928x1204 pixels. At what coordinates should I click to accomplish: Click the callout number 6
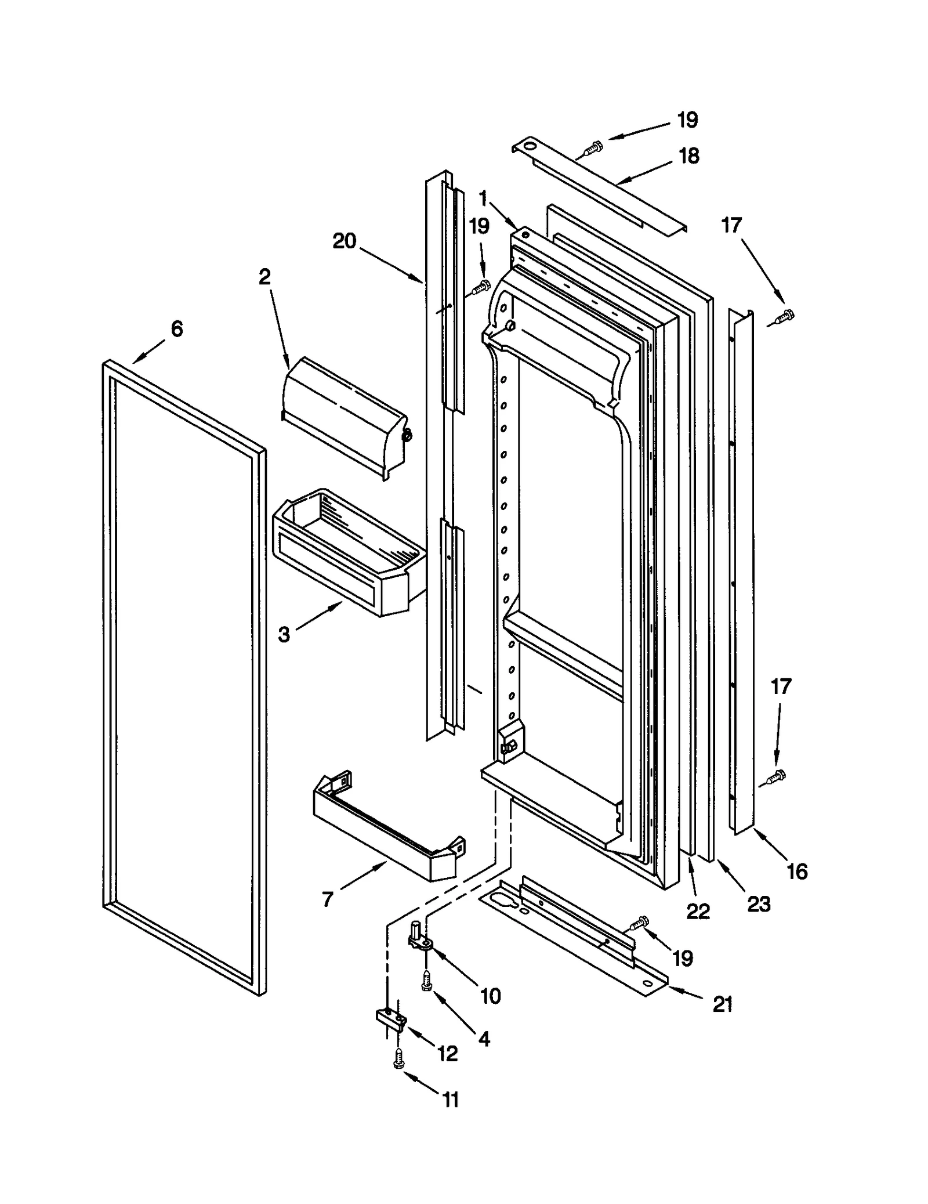click(x=177, y=330)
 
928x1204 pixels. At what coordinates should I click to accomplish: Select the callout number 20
click(x=344, y=241)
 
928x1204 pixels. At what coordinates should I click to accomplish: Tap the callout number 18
click(x=689, y=156)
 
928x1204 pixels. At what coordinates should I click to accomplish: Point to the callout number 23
click(x=759, y=904)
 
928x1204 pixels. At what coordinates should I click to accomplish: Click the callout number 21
click(x=723, y=1004)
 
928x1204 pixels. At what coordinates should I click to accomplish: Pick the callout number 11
click(x=451, y=1100)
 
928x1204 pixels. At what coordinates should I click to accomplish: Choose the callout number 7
click(x=328, y=899)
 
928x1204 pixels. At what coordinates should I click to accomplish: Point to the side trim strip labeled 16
click(x=742, y=574)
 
